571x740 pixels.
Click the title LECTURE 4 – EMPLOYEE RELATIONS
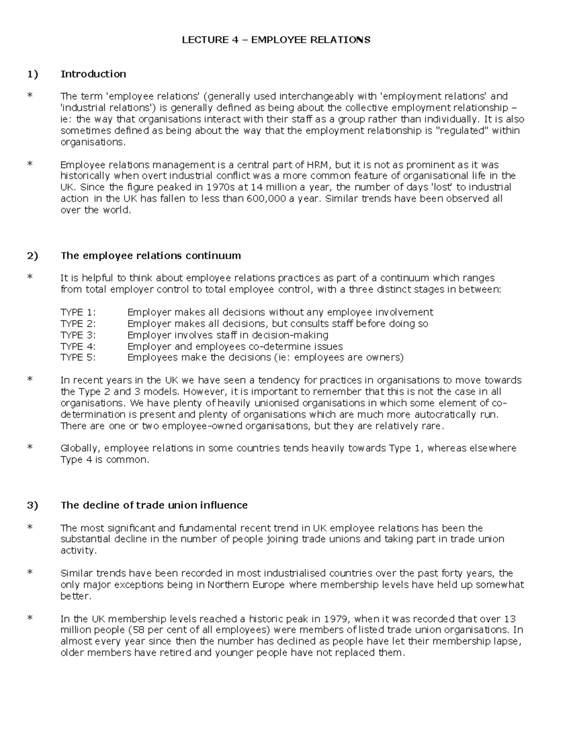pyautogui.click(x=276, y=40)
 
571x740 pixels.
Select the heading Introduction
pyautogui.click(x=93, y=74)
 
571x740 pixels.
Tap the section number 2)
pyautogui.click(x=32, y=256)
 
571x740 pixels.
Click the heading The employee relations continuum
pyautogui.click(x=151, y=256)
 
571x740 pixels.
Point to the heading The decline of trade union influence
pyautogui.click(x=154, y=505)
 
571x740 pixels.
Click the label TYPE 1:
pyautogui.click(x=78, y=313)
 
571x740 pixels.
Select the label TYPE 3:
pyautogui.click(x=78, y=335)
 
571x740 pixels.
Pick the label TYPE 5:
pyautogui.click(x=78, y=358)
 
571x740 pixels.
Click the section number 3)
pyautogui.click(x=32, y=505)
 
